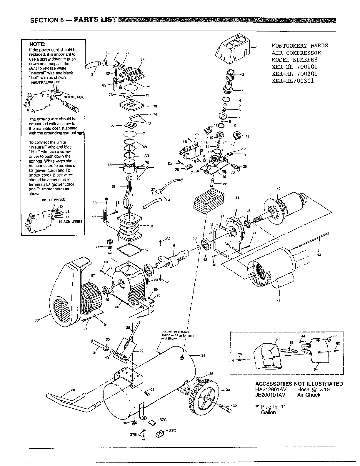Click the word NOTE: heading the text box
[37, 44]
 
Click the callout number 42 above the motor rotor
[278, 189]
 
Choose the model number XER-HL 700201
[294, 74]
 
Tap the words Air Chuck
[309, 395]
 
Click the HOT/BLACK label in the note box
[74, 97]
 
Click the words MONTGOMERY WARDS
[299, 46]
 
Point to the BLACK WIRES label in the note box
[71, 222]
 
